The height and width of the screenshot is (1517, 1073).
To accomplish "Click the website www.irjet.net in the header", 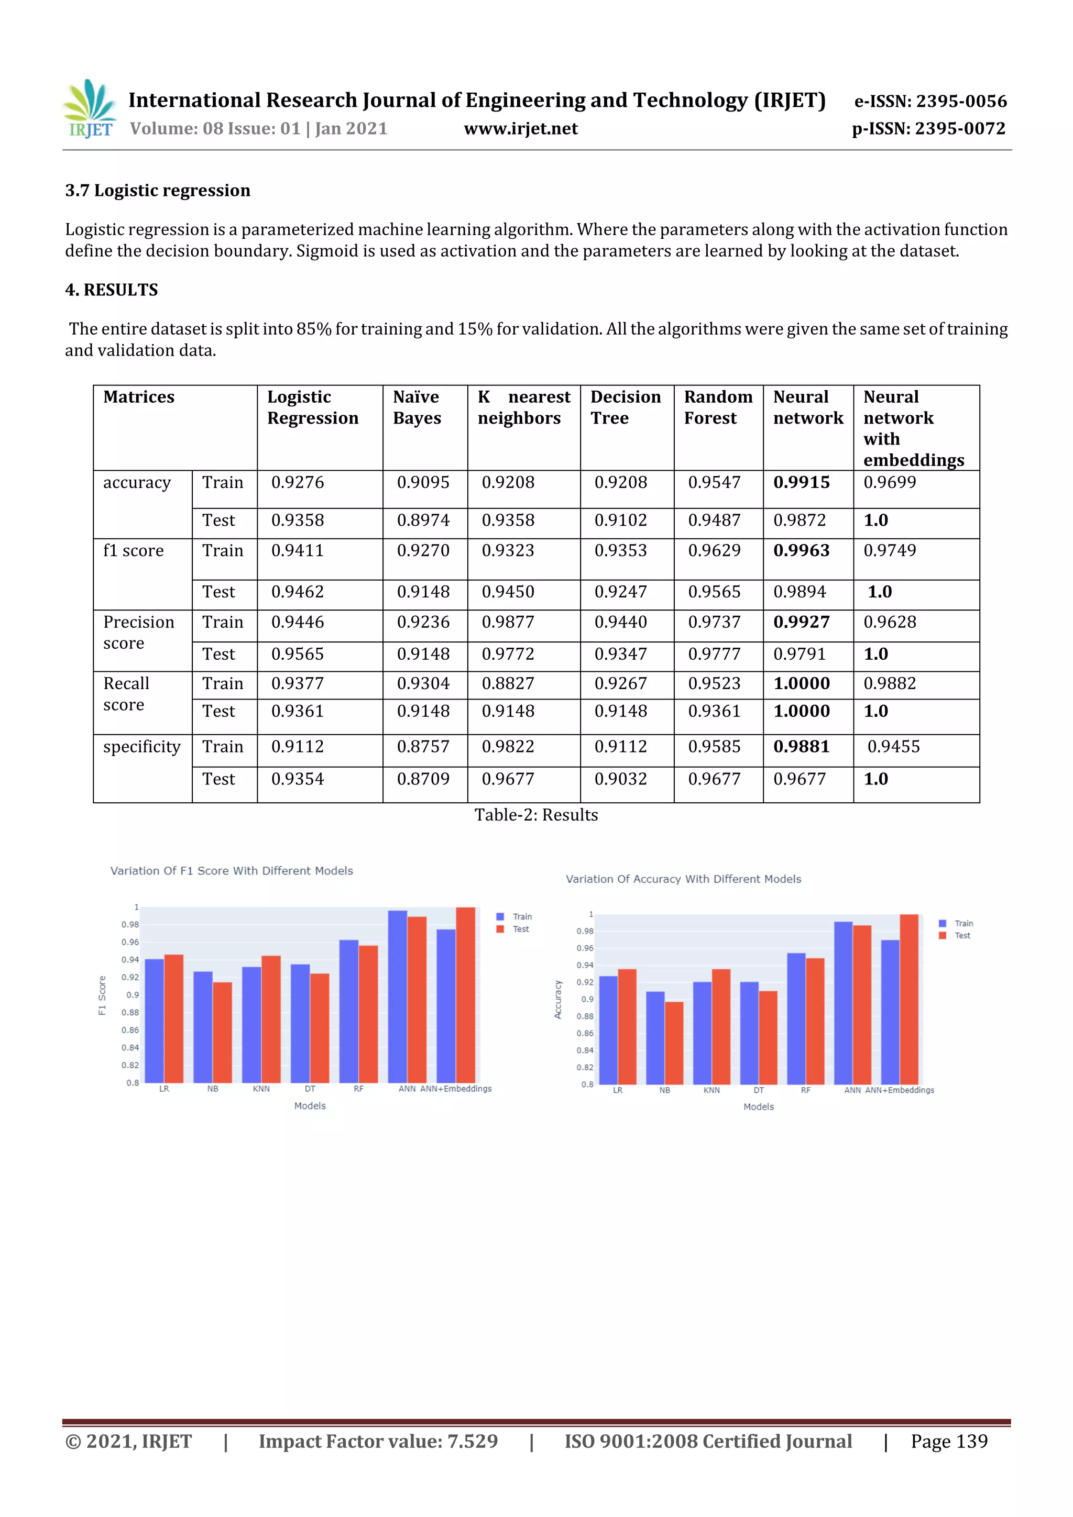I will [520, 129].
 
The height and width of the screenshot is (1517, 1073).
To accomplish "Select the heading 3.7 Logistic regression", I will [157, 191].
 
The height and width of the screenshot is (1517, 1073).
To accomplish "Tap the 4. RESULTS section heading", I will [111, 290].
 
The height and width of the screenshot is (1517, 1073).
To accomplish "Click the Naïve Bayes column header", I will [417, 408].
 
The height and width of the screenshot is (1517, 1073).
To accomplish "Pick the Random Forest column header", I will [718, 408].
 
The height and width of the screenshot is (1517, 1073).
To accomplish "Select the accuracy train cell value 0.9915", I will [801, 483].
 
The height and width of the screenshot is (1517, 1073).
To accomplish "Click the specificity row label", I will [141, 747].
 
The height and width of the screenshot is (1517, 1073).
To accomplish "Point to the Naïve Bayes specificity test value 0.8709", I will [423, 780].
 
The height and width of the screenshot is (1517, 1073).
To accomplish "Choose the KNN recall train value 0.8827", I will [508, 684].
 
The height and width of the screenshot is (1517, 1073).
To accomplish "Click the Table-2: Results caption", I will [536, 815].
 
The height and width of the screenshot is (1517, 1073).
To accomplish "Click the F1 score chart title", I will [232, 871].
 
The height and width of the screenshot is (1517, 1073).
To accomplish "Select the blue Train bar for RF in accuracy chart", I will [796, 1017].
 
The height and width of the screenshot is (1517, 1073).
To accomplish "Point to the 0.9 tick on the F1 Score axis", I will [133, 995].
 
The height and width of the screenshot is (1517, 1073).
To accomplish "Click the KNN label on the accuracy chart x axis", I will [711, 1090].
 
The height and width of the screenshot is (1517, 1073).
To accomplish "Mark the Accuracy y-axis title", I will [558, 1000].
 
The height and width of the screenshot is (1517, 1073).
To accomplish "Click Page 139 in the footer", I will [949, 1442].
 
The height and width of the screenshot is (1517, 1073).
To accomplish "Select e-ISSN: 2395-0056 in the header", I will [930, 102].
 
